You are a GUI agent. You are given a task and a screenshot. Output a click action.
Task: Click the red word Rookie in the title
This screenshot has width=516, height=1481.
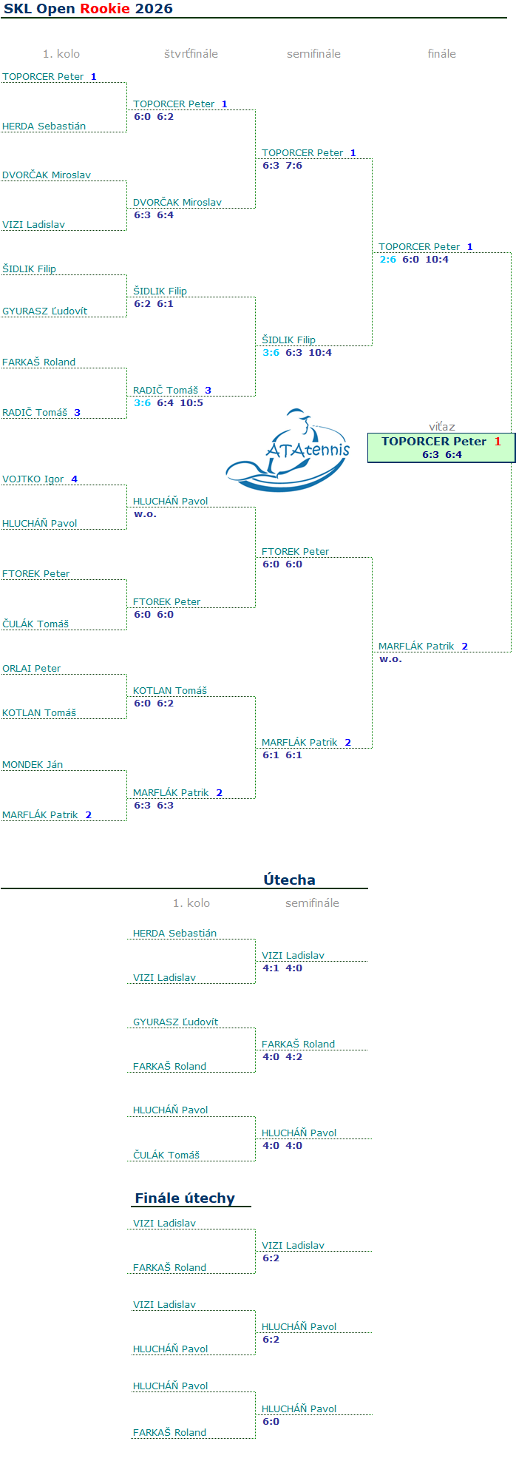105,9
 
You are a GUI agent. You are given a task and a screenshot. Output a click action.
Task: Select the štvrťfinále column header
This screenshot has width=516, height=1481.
191,54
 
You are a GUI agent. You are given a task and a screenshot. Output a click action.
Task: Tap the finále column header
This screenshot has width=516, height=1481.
441,54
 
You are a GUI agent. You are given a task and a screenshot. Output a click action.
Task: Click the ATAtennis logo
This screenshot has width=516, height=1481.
288,451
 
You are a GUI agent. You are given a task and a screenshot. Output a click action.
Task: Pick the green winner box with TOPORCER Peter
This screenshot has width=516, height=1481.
441,448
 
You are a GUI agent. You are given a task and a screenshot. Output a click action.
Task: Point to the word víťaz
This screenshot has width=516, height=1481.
442,427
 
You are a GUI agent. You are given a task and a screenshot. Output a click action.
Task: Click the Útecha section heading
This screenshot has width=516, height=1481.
289,880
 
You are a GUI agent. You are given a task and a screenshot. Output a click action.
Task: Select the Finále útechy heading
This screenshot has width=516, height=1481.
185,1198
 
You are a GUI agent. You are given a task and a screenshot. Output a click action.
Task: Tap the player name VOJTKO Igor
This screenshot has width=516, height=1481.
33,479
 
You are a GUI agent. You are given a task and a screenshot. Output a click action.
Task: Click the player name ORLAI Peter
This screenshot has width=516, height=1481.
32,669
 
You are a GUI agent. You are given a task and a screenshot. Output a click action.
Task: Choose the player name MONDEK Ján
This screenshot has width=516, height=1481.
33,765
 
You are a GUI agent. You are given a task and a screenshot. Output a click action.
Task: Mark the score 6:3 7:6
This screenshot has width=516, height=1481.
282,166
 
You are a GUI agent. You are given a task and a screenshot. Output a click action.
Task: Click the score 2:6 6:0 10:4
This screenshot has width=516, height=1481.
414,260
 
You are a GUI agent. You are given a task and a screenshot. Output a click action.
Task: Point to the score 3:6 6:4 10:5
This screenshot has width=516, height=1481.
169,403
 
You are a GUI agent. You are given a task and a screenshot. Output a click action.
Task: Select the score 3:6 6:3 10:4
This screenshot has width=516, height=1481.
297,353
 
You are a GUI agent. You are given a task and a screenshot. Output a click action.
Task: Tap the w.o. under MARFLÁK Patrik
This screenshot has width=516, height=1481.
390,659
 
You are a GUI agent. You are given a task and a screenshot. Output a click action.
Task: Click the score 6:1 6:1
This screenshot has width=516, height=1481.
282,755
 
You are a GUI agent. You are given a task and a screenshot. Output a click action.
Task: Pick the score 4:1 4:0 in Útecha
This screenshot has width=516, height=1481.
282,968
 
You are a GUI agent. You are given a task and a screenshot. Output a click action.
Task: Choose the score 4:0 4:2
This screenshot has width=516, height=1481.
282,1057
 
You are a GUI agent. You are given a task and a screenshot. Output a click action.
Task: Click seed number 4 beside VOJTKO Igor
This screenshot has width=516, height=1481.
74,479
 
